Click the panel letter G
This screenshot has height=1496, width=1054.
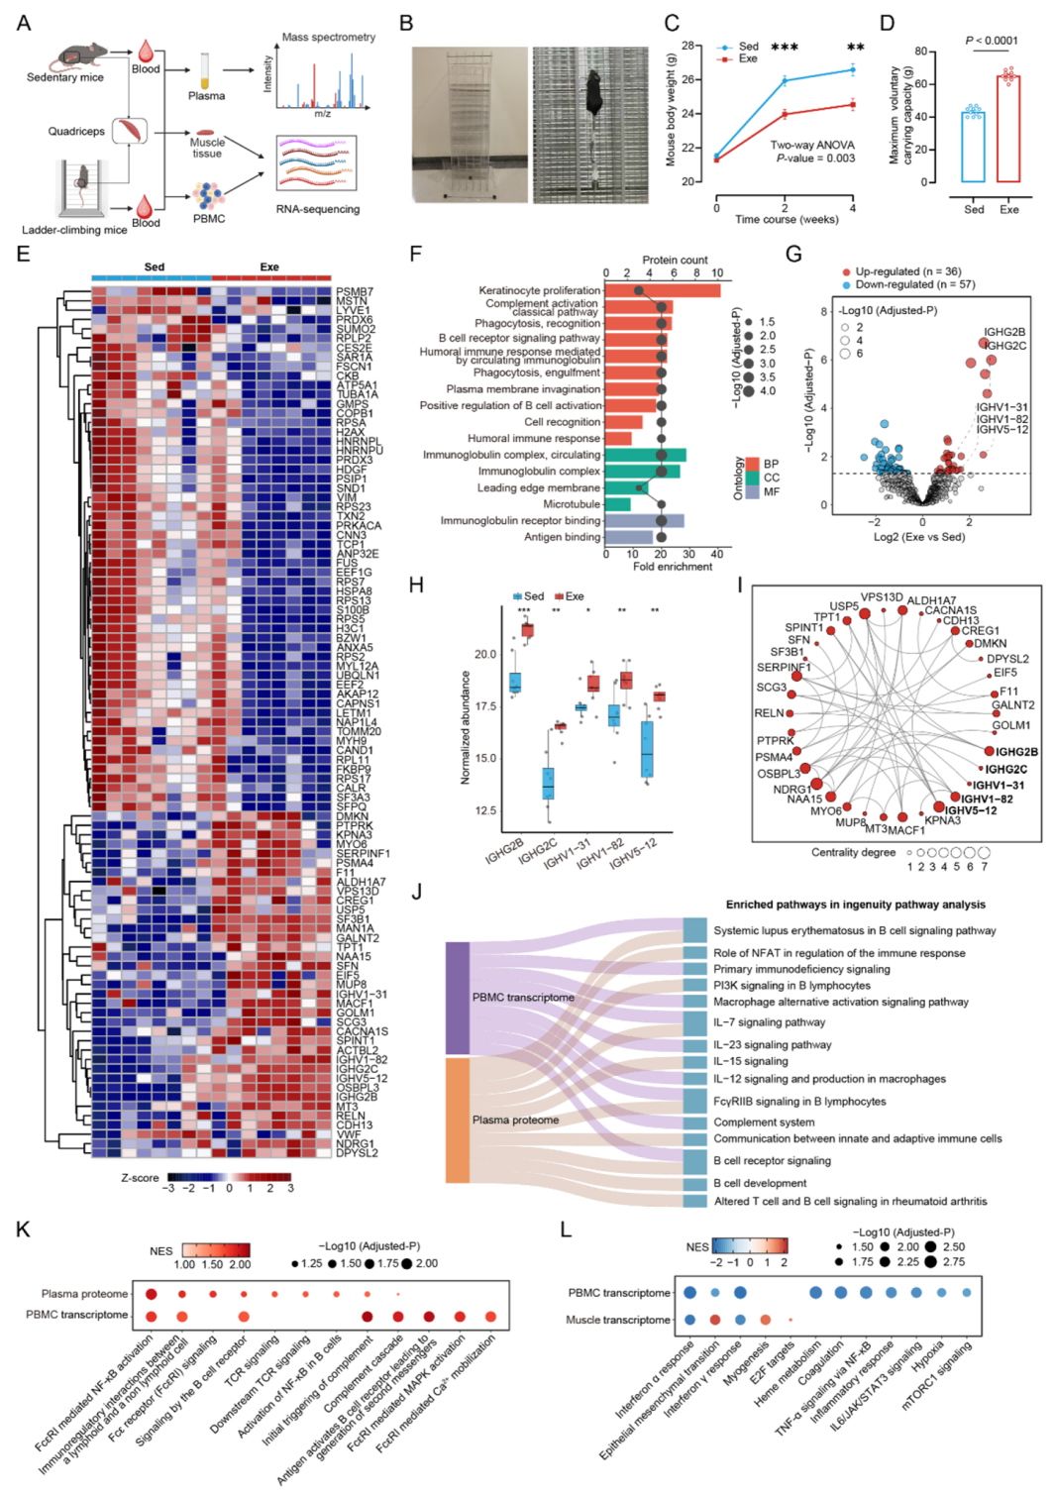click(x=793, y=255)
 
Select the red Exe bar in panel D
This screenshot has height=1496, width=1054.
click(x=1008, y=129)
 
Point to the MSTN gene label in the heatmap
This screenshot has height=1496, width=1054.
click(x=352, y=301)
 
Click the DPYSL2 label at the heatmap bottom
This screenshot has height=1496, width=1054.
click(x=356, y=1153)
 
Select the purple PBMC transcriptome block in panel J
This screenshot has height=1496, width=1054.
click(x=458, y=998)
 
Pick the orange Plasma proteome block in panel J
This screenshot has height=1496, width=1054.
click(x=458, y=1120)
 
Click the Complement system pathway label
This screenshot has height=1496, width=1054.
click(x=764, y=1122)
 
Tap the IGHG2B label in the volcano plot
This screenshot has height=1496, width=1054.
click(x=1003, y=332)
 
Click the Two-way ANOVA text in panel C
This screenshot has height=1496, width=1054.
click(x=812, y=145)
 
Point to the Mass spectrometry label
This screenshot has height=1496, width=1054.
click(x=329, y=38)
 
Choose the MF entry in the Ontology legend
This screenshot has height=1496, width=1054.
click(x=771, y=491)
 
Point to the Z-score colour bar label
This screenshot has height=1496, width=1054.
click(x=140, y=1178)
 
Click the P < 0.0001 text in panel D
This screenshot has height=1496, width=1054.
click(x=991, y=41)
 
